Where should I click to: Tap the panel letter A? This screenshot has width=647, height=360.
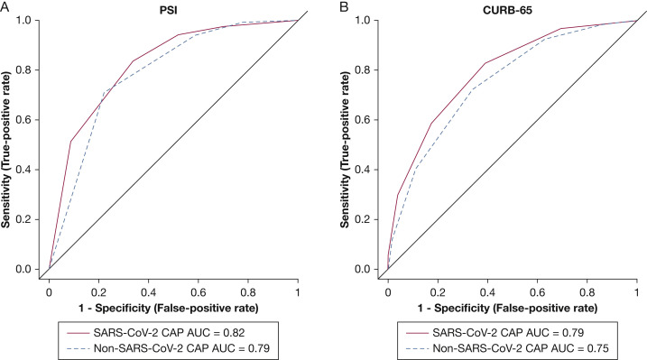click(5, 6)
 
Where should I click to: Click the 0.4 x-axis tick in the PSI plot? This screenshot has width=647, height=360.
click(149, 293)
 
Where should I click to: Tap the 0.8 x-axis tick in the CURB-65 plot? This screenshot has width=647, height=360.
click(587, 293)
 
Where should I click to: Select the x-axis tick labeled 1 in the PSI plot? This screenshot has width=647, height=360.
click(299, 293)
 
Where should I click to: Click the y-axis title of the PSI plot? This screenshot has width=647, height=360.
click(9, 144)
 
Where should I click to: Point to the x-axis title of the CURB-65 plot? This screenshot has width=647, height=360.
click(513, 309)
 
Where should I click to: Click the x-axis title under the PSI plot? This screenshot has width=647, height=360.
click(173, 309)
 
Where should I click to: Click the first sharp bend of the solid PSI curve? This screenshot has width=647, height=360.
click(70, 142)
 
